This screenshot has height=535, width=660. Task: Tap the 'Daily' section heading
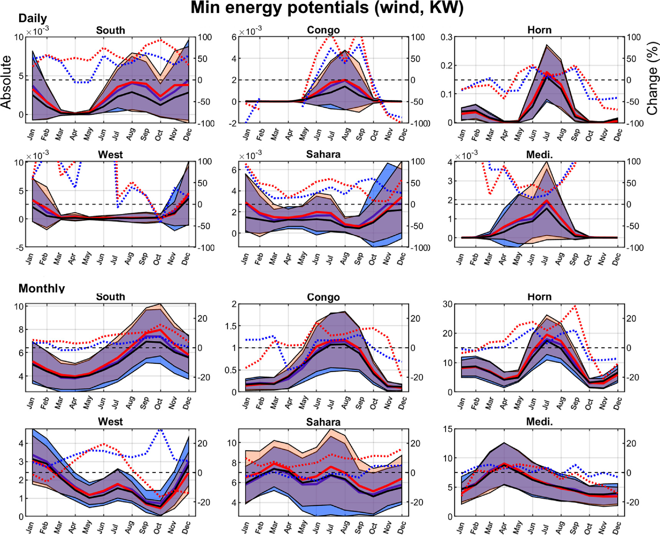33,18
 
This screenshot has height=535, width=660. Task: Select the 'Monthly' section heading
41,288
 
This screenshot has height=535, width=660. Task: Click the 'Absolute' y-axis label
7,82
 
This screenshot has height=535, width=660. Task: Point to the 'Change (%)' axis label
652,82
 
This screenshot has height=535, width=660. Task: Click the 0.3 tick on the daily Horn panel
447,37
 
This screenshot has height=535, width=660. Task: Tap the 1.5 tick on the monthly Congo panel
231,326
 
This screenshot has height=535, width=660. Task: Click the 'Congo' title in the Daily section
323,30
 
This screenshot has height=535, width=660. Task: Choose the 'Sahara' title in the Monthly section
323,422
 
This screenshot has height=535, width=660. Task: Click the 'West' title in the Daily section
111,155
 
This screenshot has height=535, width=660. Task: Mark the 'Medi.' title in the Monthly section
539,422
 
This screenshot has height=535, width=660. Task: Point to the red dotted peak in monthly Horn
575,306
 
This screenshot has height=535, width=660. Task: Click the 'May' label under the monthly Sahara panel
302,527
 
